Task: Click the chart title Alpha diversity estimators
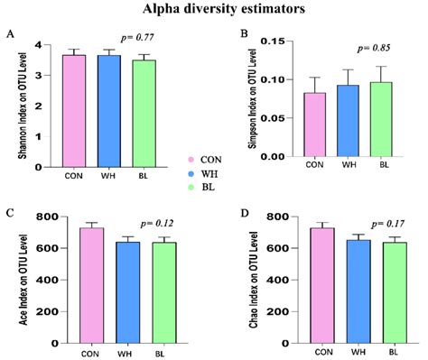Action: [215, 11]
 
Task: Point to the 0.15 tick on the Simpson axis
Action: [279, 42]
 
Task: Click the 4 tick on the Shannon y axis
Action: [37, 45]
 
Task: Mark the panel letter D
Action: [244, 213]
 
